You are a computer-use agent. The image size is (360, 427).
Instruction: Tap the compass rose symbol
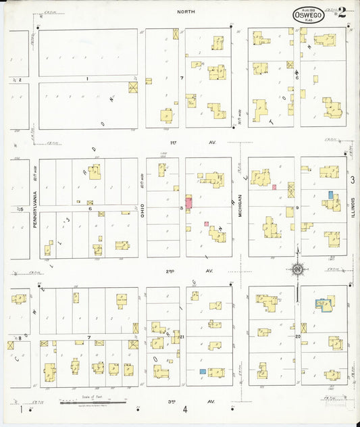(297, 270)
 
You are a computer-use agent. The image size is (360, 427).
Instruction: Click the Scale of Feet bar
(93, 403)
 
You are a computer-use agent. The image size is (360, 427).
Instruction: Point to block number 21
(182, 336)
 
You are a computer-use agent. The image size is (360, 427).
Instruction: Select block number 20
(297, 336)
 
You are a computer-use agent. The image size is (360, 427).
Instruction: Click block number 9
(297, 208)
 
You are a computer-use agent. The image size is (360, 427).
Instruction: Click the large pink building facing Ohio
(188, 202)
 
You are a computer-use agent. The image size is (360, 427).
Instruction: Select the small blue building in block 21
(202, 372)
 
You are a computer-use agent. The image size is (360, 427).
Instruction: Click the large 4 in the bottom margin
(184, 409)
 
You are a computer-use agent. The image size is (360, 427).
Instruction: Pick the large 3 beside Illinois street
(353, 179)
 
